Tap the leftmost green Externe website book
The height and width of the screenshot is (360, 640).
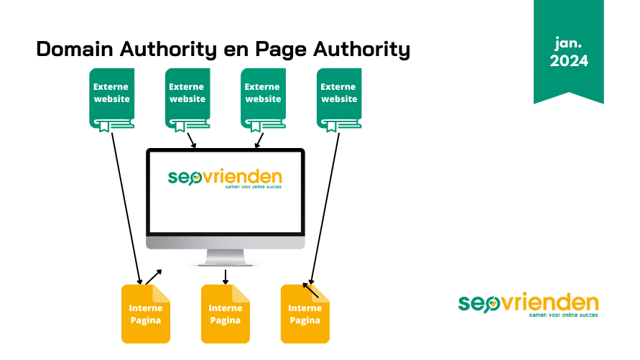coord(111,98)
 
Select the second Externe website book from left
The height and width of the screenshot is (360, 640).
coord(187,98)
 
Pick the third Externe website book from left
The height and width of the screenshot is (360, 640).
coord(263,98)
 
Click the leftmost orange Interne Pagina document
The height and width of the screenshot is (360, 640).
coord(145,315)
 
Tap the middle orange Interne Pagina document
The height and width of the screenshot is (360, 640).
coord(225,315)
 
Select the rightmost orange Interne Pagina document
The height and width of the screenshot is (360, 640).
coord(305,315)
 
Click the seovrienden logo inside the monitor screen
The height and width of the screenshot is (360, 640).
coord(225,178)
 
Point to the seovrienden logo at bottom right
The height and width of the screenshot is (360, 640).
coord(528,304)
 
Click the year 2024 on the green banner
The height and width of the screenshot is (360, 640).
coord(569,62)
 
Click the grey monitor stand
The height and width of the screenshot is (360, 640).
coord(225,257)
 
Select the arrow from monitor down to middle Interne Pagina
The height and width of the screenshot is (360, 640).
coord(226,277)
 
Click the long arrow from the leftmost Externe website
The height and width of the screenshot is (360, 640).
coord(126,208)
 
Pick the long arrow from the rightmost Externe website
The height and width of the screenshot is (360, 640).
coord(325,208)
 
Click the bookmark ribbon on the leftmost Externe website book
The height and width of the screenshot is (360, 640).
coord(104,127)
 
